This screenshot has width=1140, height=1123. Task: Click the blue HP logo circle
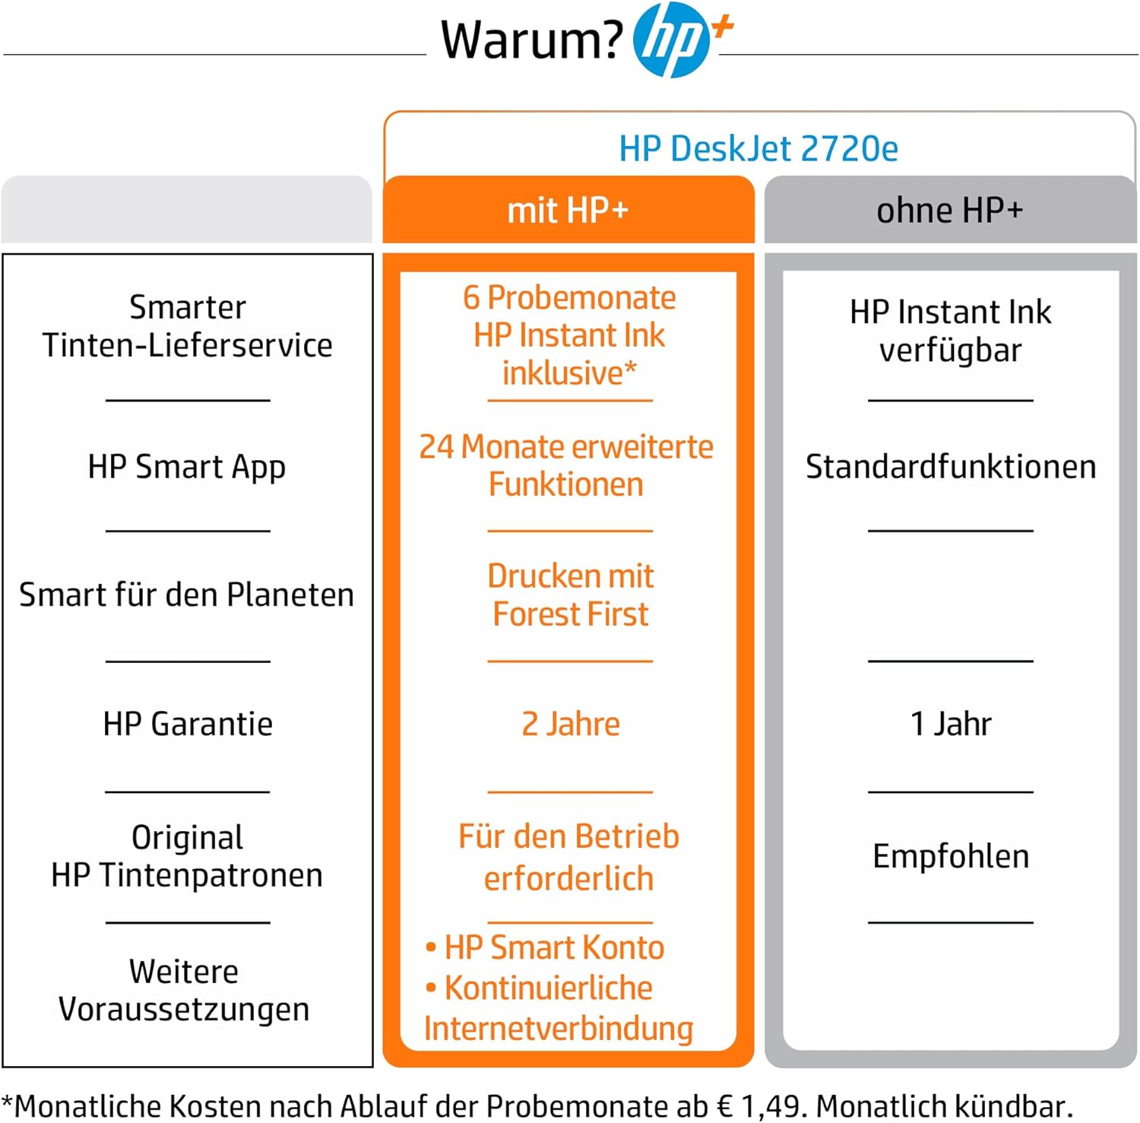pos(671,40)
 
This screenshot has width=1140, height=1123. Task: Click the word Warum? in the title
pos(532,40)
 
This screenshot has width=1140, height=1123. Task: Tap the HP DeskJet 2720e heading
pos(758,148)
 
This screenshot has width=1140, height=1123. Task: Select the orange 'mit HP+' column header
pos(568,210)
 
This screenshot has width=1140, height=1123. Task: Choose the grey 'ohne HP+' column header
pos(950,210)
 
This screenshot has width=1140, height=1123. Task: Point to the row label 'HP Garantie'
pos(188,724)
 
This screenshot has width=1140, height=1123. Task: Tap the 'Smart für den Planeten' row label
pos(187,595)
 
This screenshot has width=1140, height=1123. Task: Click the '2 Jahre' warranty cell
pos(571,724)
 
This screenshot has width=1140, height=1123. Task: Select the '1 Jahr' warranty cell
pos(951,724)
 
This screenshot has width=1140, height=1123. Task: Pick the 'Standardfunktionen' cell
pos(951,467)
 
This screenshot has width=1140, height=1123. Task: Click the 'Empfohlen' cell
pos(951,856)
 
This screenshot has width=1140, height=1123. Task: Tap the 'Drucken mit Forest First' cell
pos(571,595)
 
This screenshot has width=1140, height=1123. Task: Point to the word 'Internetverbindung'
pos(559,1028)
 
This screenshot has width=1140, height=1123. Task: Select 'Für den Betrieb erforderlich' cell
pos(568,857)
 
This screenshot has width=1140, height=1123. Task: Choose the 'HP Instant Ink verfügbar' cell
pos(951,331)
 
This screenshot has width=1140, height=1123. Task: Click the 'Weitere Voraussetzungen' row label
pos(184,991)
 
